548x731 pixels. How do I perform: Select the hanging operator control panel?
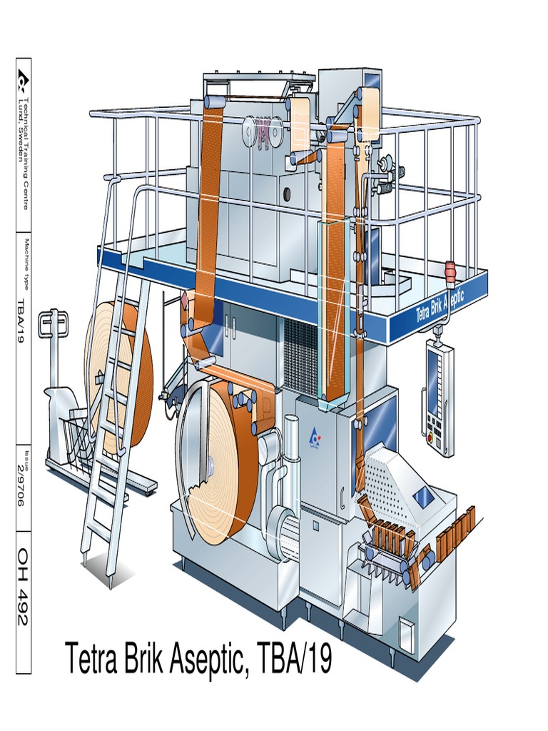pyautogui.click(x=439, y=396)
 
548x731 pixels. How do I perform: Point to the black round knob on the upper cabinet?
pyautogui.click(x=286, y=193)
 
